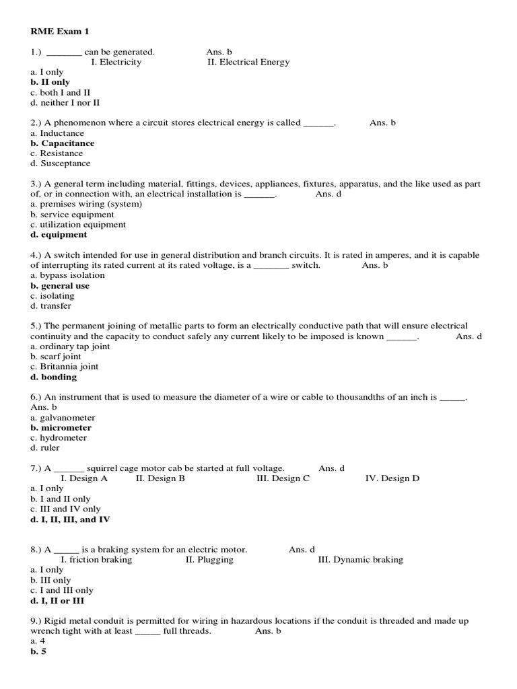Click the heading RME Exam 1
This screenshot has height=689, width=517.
[x=59, y=31]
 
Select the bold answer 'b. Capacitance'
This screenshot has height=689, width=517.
[x=63, y=143]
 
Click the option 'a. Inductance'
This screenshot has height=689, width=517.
[x=57, y=133]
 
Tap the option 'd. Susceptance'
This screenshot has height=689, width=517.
[x=61, y=164]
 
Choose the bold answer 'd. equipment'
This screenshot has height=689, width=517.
[x=59, y=235]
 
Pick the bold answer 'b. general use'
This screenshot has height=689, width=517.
[x=60, y=286]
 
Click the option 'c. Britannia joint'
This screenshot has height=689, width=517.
[x=65, y=367]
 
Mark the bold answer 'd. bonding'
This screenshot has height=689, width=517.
[x=54, y=377]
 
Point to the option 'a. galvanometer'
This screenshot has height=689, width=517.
[x=63, y=418]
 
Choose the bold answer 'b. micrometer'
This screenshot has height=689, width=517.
[x=61, y=428]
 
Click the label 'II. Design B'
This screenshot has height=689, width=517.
[x=160, y=478]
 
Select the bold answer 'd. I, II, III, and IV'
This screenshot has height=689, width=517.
[x=71, y=519]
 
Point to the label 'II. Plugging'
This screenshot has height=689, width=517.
[x=209, y=560]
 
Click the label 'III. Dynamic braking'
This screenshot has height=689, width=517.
[x=360, y=560]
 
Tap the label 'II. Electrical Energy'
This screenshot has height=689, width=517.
[x=248, y=62]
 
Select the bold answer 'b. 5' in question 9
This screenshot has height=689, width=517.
[x=40, y=651]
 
